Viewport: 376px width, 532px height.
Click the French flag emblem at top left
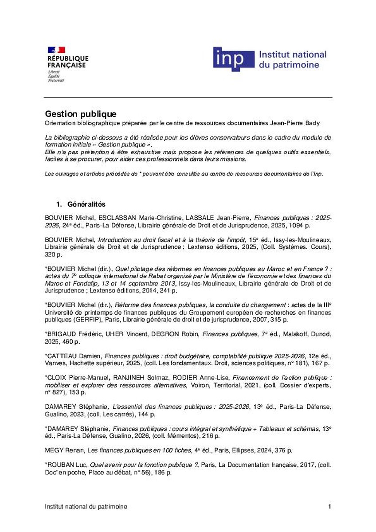[56, 50]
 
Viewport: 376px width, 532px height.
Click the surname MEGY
[54, 450]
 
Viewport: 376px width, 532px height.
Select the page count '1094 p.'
[305, 225]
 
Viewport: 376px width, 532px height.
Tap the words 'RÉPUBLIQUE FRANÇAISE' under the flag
[68, 62]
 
